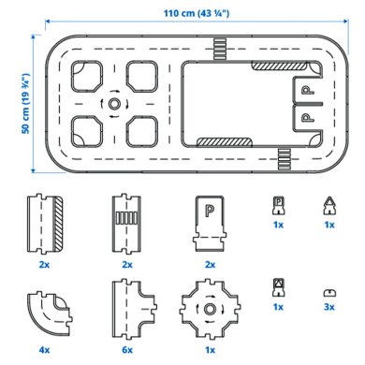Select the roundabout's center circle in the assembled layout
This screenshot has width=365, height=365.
pos(113,103)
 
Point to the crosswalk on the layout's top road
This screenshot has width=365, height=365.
pos(219,45)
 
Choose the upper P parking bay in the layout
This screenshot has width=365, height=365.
pos(306,91)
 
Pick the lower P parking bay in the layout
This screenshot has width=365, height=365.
pos(306,117)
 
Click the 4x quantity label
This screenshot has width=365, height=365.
pos(45,348)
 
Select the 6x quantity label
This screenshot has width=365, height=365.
pos(126,348)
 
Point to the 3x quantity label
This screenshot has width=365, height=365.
pos(328,306)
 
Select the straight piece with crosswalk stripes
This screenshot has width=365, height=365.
pos(126,224)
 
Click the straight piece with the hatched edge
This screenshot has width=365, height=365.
pos(46,224)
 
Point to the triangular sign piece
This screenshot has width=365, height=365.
pos(328,206)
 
